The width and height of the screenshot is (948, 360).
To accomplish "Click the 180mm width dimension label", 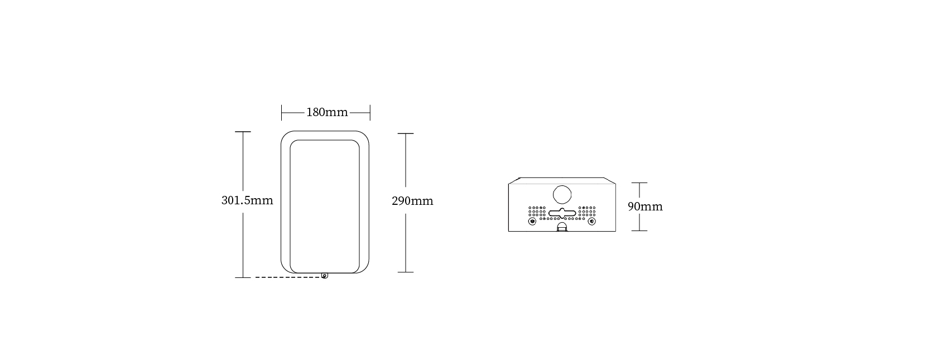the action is click(327, 112).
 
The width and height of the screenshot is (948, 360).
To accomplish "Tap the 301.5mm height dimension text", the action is click(247, 200).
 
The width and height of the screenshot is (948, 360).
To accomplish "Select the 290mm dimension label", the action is click(413, 201).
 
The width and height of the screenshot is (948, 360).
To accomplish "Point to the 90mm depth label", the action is click(645, 207).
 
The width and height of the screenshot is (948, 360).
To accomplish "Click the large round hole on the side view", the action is click(562, 194).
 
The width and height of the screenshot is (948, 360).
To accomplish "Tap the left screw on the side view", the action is click(532, 222).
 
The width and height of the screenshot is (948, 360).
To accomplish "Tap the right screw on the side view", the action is click(592, 222).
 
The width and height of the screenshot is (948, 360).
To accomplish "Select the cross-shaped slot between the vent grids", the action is click(562, 213).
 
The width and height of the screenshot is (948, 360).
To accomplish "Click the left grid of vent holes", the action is click(537, 212).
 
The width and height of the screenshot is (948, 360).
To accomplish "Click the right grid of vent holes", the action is click(587, 212).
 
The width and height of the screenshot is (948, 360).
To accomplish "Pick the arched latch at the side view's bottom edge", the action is click(562, 227).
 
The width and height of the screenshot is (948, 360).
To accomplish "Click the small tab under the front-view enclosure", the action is click(325, 275).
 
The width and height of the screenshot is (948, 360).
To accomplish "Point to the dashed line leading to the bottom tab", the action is click(288, 277).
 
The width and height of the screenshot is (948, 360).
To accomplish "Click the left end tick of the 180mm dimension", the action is click(281, 113).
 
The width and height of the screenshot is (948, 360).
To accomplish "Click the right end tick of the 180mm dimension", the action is click(370, 113).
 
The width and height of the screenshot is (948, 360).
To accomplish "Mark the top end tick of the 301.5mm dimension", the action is click(243, 132).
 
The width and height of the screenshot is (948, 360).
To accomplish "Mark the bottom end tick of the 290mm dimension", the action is click(406, 272).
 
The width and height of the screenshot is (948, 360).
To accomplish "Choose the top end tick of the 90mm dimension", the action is click(639, 183).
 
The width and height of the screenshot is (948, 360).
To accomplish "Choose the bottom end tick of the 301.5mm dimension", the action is click(243, 278).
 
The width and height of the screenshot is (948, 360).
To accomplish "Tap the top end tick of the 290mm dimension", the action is click(406, 133).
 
